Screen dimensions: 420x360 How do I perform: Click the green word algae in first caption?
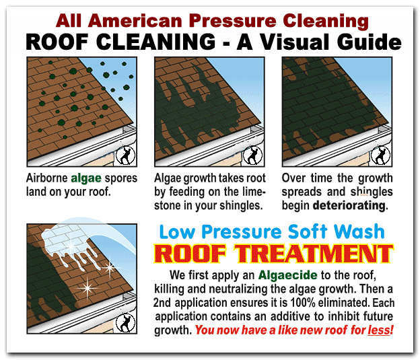pyautogui.click(x=86, y=178)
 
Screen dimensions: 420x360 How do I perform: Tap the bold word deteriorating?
pyautogui.click(x=349, y=206)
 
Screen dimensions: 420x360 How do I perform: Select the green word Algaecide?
pyautogui.click(x=287, y=275)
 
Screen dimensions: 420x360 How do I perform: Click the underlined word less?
pyautogui.click(x=378, y=330)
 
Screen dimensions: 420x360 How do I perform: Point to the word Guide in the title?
pyautogui.click(x=369, y=42)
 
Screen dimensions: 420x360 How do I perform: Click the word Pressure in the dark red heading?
pyautogui.click(x=234, y=21)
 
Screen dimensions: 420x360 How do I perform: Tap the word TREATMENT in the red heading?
pyautogui.click(x=314, y=254)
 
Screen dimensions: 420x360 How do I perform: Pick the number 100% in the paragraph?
pyautogui.click(x=303, y=303)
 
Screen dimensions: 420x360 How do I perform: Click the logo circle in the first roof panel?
pyautogui.click(x=126, y=155)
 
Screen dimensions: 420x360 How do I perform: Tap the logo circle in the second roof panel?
pyautogui.click(x=253, y=155)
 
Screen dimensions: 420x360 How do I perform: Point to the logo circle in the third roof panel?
pyautogui.click(x=380, y=155)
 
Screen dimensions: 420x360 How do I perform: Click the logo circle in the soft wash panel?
pyautogui.click(x=126, y=322)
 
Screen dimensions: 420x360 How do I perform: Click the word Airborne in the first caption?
pyautogui.click(x=47, y=178)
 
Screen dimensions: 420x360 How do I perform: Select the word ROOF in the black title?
pyautogui.click(x=57, y=42)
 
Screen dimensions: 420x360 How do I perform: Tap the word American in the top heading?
pyautogui.click(x=135, y=21)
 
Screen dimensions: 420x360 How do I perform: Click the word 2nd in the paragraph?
pyautogui.click(x=162, y=303)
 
